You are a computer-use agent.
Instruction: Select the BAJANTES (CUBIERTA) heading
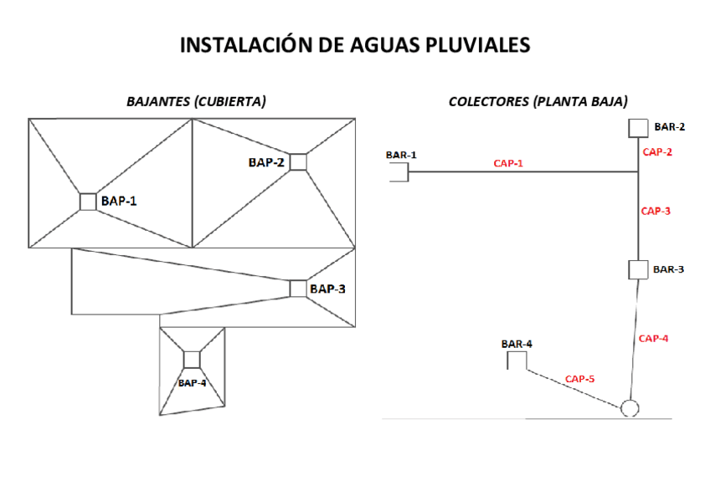[196, 101]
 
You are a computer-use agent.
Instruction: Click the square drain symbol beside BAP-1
[88, 202]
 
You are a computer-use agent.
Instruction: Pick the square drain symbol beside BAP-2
[298, 161]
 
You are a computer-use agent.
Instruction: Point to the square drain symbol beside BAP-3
[298, 289]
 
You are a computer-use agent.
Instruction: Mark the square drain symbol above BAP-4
[192, 360]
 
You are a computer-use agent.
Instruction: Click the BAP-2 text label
[266, 162]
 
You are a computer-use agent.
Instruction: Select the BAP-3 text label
[327, 289]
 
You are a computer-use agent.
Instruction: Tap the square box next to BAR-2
[638, 128]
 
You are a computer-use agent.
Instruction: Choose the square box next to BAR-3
[638, 269]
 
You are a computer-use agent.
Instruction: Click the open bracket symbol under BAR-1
[399, 171]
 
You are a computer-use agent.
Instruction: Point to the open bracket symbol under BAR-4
[516, 360]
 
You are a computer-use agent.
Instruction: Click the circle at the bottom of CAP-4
[629, 408]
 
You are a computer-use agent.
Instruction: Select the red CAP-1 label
[508, 163]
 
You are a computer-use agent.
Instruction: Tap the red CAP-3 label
[656, 212]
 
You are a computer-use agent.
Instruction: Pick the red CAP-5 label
[579, 379]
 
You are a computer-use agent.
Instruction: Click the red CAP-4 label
[653, 339]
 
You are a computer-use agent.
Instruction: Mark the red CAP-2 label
[657, 152]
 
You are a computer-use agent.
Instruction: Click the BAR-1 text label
[401, 155]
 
